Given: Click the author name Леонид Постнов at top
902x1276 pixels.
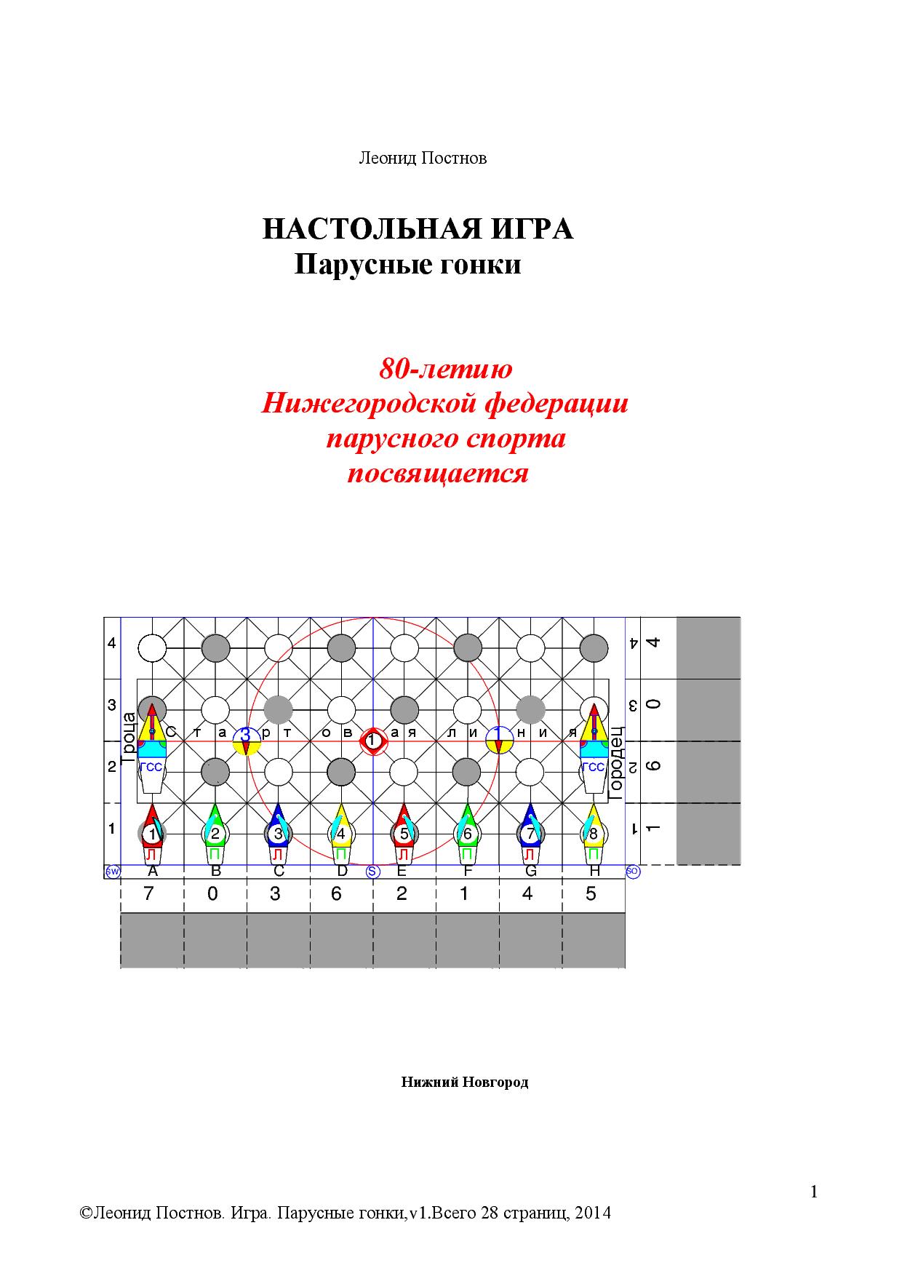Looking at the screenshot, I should pyautogui.click(x=423, y=158).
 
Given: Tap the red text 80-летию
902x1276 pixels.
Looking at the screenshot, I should pyautogui.click(x=445, y=369).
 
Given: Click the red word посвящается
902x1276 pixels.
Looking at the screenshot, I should pyautogui.click(x=437, y=474).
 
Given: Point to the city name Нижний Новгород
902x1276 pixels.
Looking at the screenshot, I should pyautogui.click(x=464, y=1082).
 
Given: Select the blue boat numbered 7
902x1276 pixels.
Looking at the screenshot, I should pyautogui.click(x=530, y=832).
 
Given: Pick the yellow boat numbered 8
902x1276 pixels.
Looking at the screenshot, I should pyautogui.click(x=593, y=832).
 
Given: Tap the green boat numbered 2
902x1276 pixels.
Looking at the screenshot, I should pyautogui.click(x=215, y=832).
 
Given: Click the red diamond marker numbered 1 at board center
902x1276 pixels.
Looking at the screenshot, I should pyautogui.click(x=373, y=741).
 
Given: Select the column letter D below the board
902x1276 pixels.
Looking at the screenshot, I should pyautogui.click(x=342, y=872).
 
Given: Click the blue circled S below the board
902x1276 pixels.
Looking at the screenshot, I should pyautogui.click(x=373, y=872).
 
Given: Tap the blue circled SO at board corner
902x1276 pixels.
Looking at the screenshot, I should pyautogui.click(x=632, y=872).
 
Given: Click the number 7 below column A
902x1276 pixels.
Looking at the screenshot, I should pyautogui.click(x=149, y=893).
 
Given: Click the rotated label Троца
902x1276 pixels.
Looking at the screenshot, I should pyautogui.click(x=129, y=737).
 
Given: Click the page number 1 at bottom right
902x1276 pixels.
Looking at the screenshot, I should pyautogui.click(x=813, y=1192).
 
